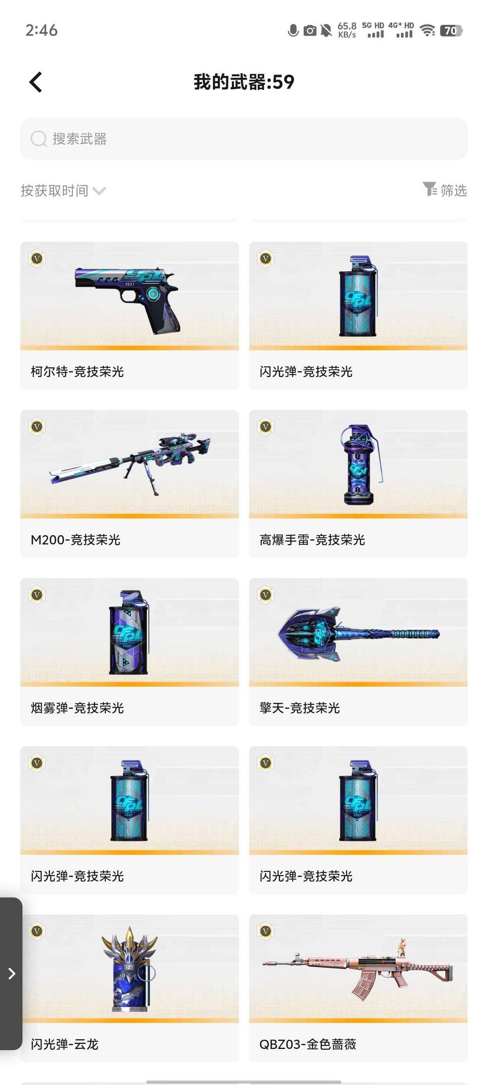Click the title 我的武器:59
point(244,82)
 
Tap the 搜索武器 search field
point(244,139)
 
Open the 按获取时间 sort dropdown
point(63,191)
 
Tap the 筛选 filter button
point(445,190)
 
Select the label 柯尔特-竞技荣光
point(77,372)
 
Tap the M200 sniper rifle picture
point(130,464)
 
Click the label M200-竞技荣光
point(75,540)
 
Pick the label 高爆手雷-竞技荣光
point(312,540)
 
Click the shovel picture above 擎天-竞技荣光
point(358,634)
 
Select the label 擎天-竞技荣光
point(300,708)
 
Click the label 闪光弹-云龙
point(65,1044)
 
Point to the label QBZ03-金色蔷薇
point(308,1044)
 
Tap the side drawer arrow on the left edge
point(11,973)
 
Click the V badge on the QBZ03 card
point(266,931)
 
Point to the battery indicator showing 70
point(451,30)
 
